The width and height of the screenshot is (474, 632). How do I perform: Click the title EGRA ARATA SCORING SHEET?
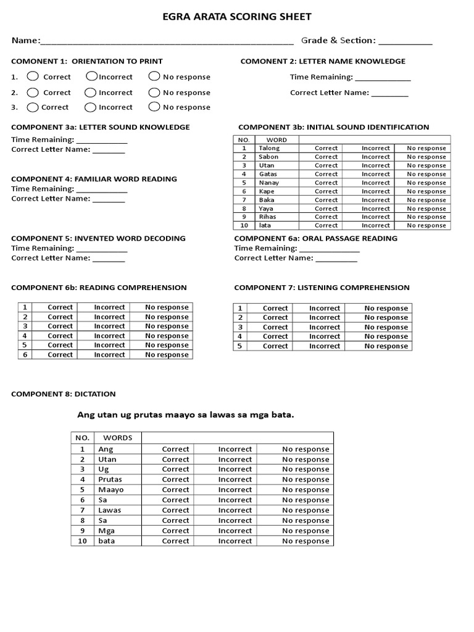237,17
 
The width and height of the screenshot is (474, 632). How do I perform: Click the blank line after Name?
167,42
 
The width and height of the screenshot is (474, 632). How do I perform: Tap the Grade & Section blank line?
405,42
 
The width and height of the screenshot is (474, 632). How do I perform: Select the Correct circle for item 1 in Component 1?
33,76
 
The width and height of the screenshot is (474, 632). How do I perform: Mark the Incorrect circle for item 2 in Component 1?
91,92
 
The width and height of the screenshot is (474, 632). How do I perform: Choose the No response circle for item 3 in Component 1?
154,107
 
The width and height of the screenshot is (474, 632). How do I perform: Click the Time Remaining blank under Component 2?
383,78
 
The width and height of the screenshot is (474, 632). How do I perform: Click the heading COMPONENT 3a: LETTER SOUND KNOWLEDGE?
101,127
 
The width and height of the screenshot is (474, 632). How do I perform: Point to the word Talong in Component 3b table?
269,148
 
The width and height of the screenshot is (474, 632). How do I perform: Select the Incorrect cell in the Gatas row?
375,174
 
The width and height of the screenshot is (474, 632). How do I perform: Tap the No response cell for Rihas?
426,217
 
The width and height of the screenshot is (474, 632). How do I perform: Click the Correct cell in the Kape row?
326,191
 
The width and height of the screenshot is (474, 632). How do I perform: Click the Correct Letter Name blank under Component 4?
109,200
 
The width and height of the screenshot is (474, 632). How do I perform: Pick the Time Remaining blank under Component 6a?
329,249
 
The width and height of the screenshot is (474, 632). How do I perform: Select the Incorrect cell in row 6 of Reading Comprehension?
109,355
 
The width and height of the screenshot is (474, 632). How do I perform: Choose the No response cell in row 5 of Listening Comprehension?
386,346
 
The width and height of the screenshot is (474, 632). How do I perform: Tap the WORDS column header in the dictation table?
117,438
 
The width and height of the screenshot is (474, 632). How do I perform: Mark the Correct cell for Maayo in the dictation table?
175,489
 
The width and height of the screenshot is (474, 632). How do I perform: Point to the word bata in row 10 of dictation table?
106,541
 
